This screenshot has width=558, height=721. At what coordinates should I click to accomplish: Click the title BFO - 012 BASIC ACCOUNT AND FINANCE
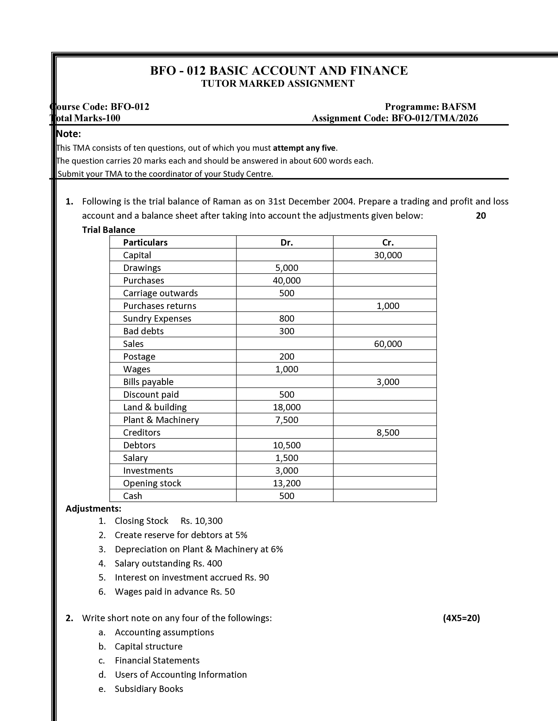[279, 71]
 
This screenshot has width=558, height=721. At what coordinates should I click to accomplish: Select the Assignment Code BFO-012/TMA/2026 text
[395, 118]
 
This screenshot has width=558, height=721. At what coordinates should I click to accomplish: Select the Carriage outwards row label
[160, 293]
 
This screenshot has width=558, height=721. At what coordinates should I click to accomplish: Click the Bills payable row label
[148, 382]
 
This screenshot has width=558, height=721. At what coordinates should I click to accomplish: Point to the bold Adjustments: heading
[93, 508]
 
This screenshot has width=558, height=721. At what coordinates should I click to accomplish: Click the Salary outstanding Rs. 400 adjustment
[168, 563]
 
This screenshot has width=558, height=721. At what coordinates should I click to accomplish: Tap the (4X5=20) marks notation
[461, 618]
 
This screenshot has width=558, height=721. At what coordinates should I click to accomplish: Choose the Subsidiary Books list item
[149, 689]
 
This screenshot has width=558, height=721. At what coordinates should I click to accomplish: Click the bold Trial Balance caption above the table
[108, 230]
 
